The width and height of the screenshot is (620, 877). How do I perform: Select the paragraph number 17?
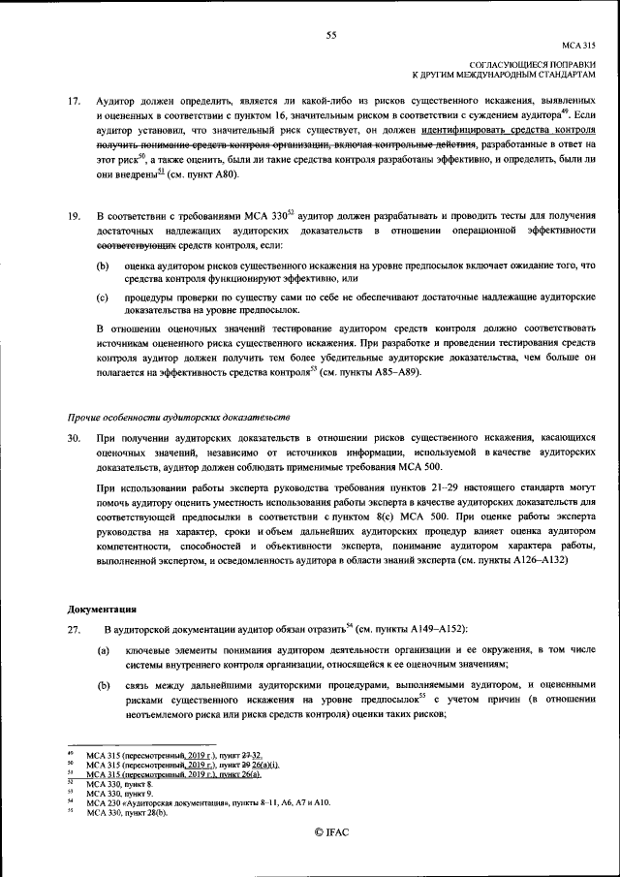coord(74,101)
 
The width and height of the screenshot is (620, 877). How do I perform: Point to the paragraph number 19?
coord(74,216)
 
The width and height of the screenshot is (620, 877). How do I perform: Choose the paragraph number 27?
coord(74,631)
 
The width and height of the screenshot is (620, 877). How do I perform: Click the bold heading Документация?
coord(102,610)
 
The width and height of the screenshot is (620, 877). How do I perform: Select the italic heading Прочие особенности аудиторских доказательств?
coord(178,416)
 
